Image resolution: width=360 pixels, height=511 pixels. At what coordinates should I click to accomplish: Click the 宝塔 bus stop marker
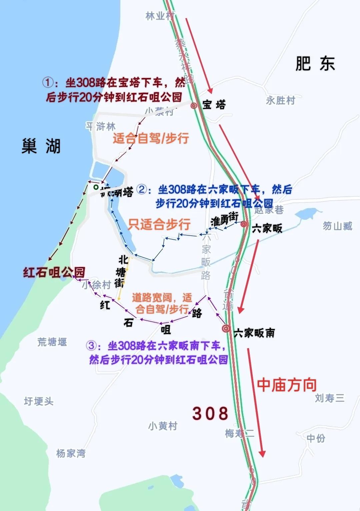point(194,105)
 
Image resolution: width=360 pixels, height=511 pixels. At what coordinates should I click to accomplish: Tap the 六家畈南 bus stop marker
point(226,329)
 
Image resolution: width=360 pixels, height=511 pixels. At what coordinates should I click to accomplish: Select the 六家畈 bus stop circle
point(244,224)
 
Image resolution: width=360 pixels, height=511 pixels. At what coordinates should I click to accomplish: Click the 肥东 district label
point(315,63)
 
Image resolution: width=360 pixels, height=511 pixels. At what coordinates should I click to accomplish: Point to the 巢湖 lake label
point(41,146)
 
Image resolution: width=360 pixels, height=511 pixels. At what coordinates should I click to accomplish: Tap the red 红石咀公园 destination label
point(54,272)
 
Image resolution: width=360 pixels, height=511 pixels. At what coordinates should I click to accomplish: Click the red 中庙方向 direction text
point(287,385)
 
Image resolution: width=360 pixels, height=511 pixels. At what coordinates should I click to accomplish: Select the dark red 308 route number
point(210,413)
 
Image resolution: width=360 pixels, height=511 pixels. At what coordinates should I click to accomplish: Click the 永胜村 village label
point(280,100)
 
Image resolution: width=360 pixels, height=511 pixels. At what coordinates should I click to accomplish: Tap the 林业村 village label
point(160,16)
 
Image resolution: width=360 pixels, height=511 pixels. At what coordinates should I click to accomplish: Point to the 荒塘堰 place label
point(52,342)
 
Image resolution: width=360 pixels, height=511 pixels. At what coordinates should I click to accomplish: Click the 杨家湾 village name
point(71,453)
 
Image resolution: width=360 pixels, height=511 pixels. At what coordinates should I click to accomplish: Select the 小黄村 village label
point(163,426)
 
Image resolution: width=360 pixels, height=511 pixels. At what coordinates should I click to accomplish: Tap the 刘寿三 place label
point(329,398)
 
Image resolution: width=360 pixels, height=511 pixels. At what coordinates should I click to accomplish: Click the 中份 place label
point(316,438)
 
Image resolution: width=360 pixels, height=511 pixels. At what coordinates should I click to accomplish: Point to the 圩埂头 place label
point(39,401)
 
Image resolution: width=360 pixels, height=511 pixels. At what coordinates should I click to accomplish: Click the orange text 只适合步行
point(159,224)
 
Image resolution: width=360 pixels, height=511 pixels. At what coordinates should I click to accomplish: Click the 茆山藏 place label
point(337,226)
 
